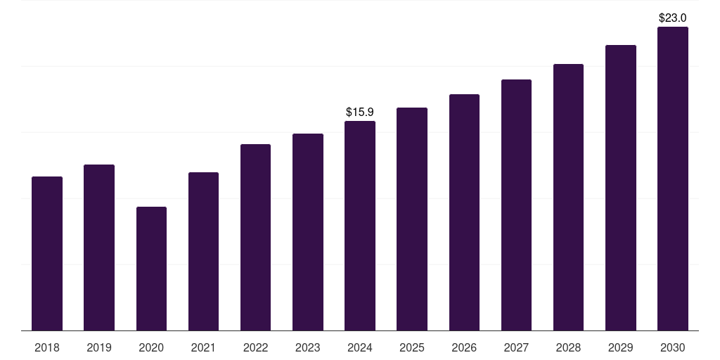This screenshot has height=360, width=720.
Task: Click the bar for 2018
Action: coord(47,253)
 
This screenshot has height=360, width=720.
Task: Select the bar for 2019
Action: coord(99,247)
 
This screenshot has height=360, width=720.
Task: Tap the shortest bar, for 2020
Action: coord(151,269)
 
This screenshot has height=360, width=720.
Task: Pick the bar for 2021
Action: coord(203,251)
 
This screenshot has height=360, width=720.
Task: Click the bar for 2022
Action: coord(255,237)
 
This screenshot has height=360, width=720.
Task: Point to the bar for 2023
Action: coord(308,232)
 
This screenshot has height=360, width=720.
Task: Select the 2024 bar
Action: coord(360,226)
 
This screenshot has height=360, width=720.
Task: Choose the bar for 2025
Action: coord(412,219)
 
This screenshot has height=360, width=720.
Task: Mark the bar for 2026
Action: coord(464,212)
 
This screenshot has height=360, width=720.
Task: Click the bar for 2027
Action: coord(516,205)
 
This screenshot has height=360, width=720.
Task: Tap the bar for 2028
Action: coord(568,197)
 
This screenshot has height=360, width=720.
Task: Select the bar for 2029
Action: coord(620,188)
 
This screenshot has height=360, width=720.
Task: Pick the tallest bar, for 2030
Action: coord(673,179)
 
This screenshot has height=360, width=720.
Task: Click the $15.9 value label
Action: coord(360,112)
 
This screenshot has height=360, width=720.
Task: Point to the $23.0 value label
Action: coord(673,18)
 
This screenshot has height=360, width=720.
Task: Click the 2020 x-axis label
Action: coord(151,347)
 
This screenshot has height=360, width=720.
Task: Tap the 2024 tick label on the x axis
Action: coord(360,347)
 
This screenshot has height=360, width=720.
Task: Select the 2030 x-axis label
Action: coord(673,347)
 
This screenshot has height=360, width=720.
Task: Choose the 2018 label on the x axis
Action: coord(47,347)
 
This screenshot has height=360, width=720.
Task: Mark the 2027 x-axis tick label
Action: coord(516,347)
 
